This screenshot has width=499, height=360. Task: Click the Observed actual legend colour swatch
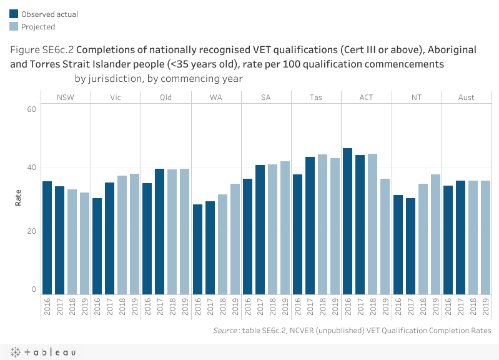(x=13, y=13)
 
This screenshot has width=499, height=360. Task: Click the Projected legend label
(x=38, y=26)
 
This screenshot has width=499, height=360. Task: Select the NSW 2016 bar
(x=47, y=237)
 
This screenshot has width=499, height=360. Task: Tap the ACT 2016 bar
(x=348, y=221)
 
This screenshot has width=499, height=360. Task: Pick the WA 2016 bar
(x=197, y=249)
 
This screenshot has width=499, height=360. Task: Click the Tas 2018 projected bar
(x=323, y=224)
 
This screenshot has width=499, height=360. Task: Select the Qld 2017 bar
(x=160, y=231)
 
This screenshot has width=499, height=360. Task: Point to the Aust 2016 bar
(x=448, y=240)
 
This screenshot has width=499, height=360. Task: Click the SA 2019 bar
(x=285, y=227)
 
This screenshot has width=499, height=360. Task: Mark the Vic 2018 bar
(x=122, y=235)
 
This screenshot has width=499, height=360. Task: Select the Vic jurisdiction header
(x=116, y=97)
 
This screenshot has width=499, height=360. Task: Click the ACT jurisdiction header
(x=366, y=97)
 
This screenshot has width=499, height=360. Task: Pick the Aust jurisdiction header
(x=466, y=97)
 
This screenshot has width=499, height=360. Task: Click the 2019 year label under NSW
(x=85, y=306)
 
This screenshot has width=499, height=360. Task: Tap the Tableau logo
(x=44, y=352)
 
